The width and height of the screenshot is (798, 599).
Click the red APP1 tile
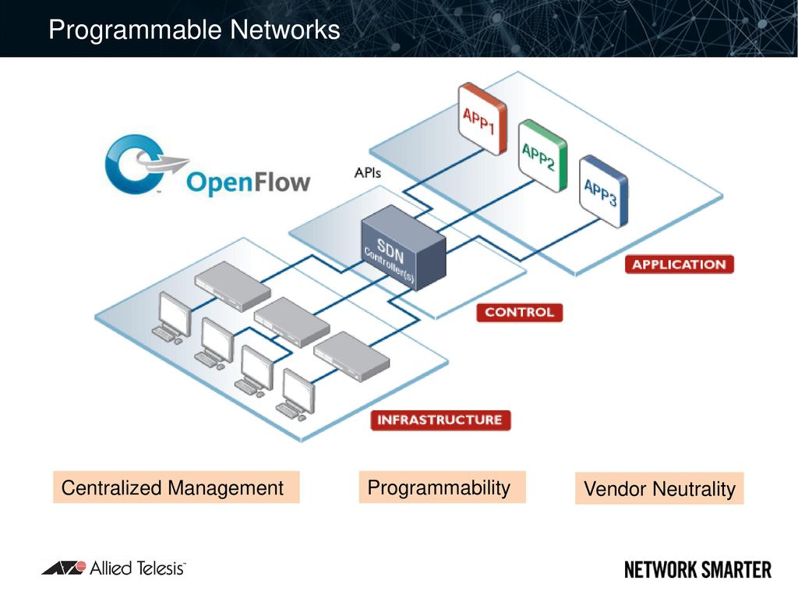[482, 119]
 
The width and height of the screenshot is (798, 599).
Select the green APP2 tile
[542, 156]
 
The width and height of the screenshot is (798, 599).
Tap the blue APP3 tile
[604, 192]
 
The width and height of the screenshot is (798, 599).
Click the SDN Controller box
[404, 248]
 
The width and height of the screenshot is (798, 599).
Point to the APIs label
[368, 173]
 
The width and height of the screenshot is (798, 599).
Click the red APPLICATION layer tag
[680, 264]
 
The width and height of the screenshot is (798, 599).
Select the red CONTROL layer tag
[520, 312]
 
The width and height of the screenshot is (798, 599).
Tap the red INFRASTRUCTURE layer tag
[440, 420]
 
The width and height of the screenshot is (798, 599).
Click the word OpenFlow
[249, 183]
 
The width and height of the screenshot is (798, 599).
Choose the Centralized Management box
[176, 487]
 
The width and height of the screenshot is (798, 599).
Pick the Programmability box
[443, 487]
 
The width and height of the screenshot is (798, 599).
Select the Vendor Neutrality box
[659, 488]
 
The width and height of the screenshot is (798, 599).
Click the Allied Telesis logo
[114, 568]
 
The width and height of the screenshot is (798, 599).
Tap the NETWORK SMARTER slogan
[697, 570]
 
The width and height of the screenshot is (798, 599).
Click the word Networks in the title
[285, 30]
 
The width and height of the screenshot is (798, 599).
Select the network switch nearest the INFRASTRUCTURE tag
[351, 356]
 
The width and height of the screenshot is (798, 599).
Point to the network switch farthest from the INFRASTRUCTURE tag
[232, 285]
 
